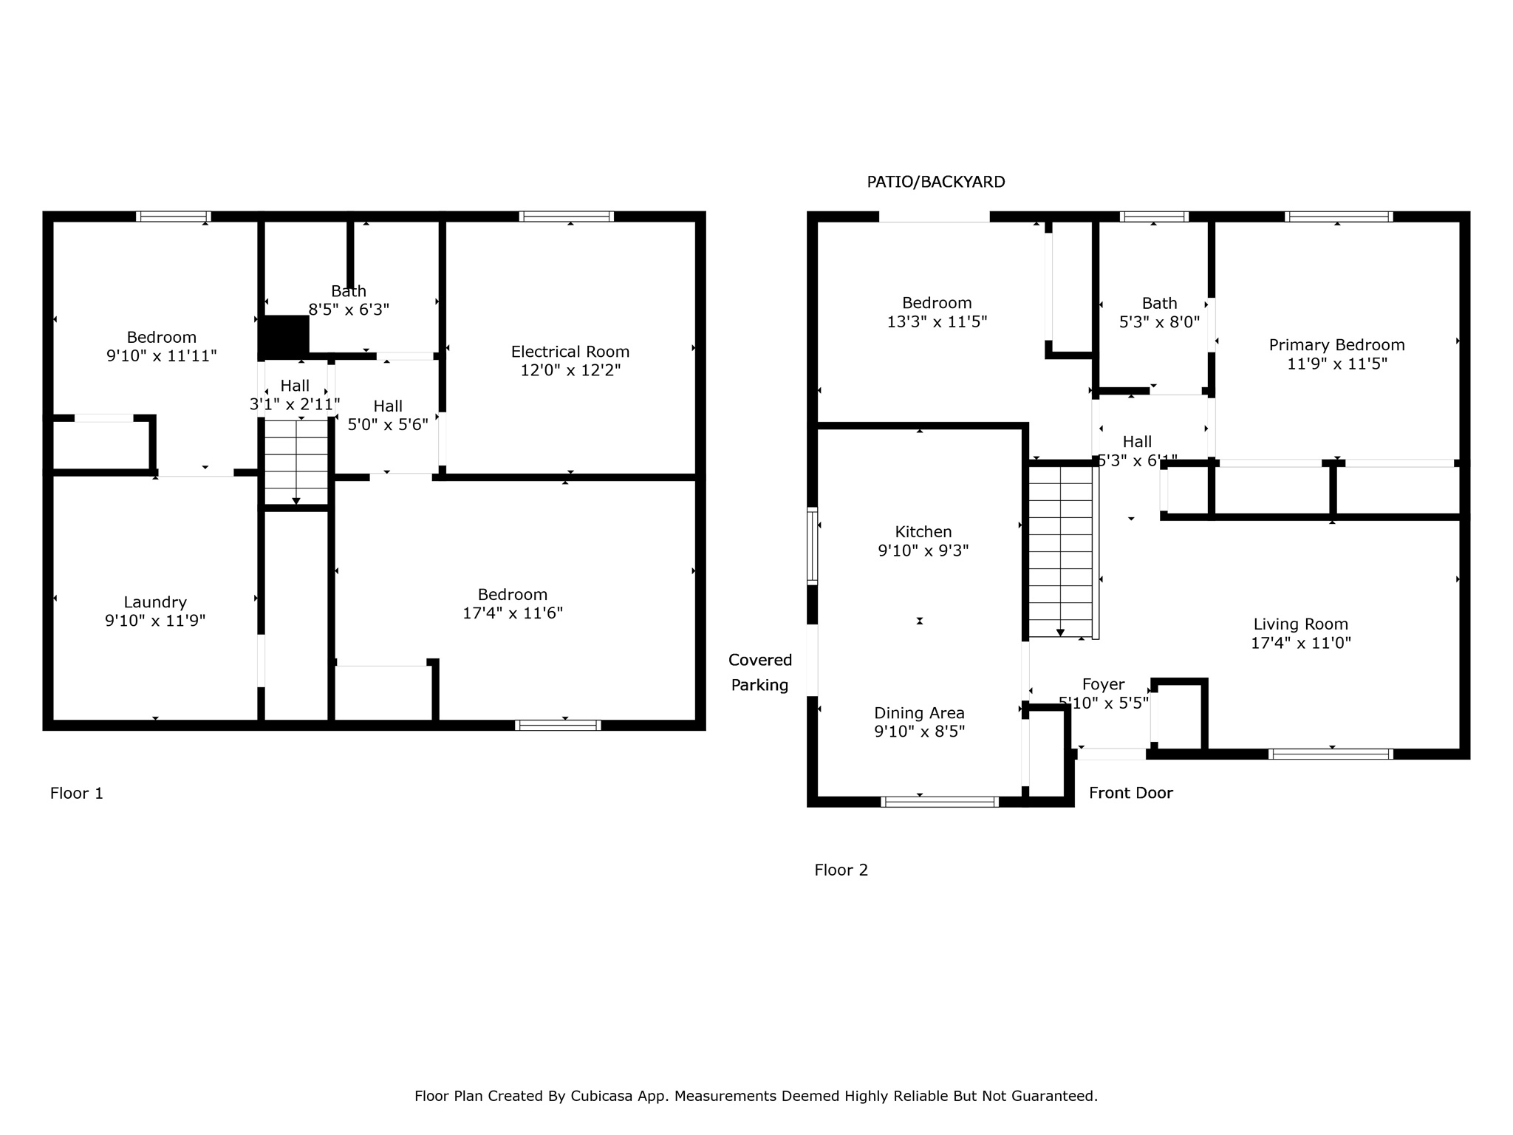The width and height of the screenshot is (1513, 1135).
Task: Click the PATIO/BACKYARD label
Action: tap(935, 182)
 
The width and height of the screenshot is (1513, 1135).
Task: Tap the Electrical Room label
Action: tap(570, 352)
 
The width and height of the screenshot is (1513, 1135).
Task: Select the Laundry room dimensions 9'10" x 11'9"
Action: tap(155, 621)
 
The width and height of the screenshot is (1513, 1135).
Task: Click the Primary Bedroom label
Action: tap(1336, 345)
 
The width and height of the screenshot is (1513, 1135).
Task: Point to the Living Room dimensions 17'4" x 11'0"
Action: tap(1300, 643)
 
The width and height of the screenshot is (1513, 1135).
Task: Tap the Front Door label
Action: tap(1130, 793)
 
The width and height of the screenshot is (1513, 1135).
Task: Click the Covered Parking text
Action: tap(759, 672)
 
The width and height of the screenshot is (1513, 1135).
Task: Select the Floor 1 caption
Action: tap(76, 794)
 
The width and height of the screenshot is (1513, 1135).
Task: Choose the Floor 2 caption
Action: tap(841, 870)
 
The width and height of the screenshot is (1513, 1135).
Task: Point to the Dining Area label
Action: tap(919, 713)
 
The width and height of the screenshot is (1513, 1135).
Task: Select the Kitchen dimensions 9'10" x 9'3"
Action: tap(923, 551)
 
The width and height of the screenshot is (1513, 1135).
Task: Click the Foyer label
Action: tap(1103, 684)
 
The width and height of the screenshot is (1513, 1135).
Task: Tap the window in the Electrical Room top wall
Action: tap(567, 217)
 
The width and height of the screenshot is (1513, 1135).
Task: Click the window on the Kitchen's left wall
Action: tap(812, 546)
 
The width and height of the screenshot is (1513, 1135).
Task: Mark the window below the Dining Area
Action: tap(940, 802)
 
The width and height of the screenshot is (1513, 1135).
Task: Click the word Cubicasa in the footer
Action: tap(601, 1096)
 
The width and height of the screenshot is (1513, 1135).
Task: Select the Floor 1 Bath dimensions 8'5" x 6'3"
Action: tap(349, 310)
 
